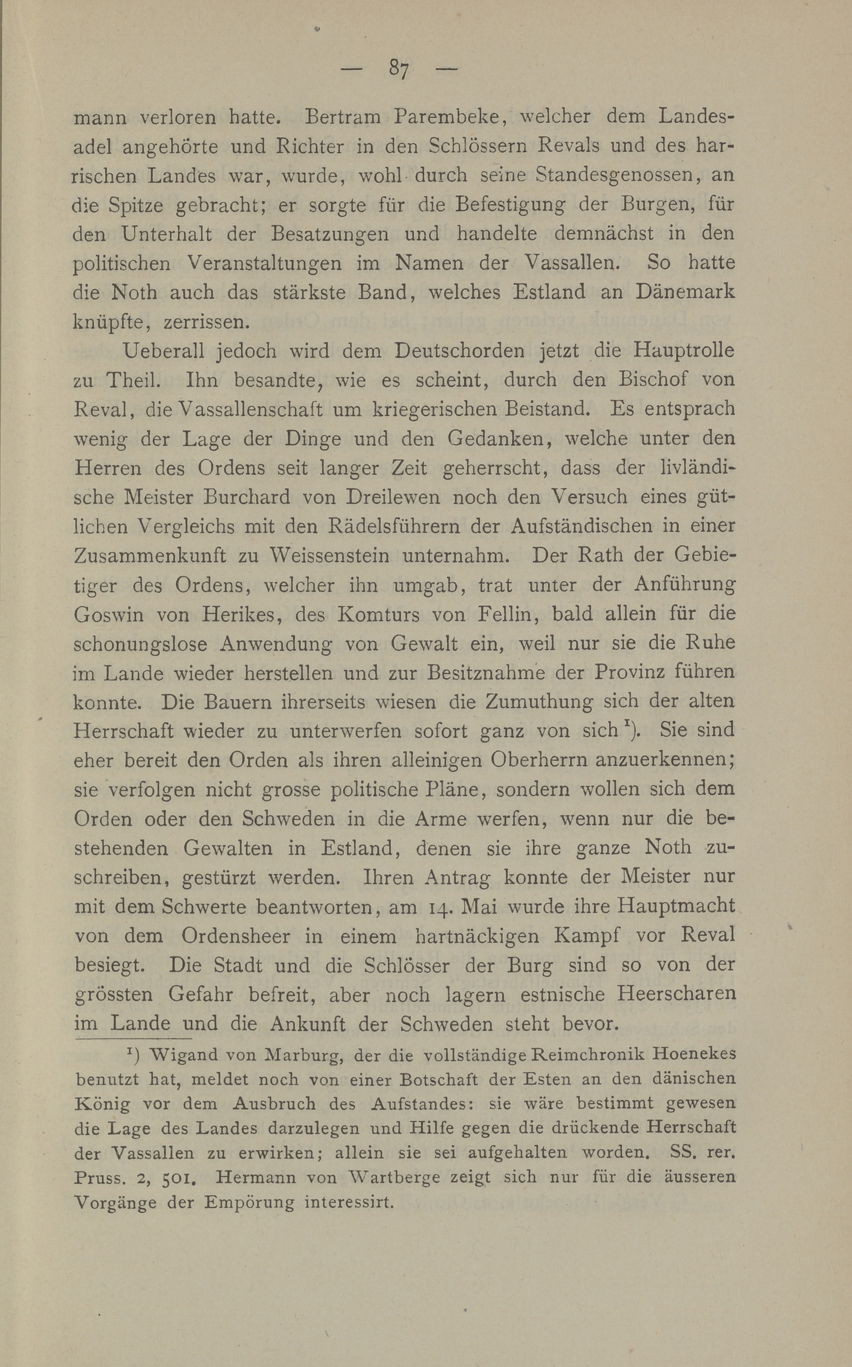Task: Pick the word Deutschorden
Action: (460, 351)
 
